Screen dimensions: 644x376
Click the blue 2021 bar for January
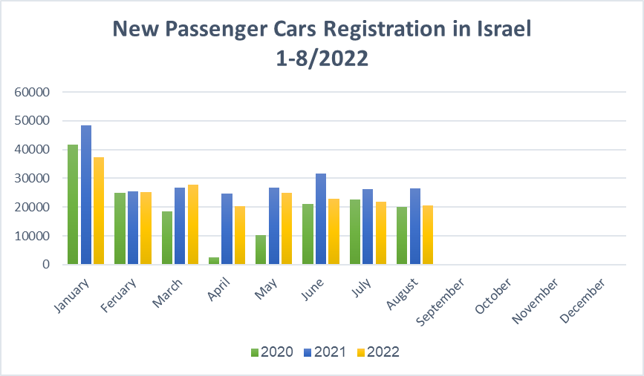coord(86,195)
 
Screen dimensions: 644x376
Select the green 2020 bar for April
coord(214,261)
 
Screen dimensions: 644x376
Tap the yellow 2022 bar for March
coord(193,224)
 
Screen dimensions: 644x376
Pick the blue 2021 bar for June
coord(321,219)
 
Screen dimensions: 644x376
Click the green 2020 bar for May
coord(261,250)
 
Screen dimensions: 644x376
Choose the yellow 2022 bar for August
coord(428,235)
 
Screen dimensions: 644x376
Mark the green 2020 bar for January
coord(73,204)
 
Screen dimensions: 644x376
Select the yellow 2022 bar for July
coord(381,233)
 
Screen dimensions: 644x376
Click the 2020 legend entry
coord(272,352)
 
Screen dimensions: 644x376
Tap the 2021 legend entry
coord(325,352)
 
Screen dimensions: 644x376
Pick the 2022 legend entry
coord(378,352)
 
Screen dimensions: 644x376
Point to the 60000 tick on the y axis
coord(32,92)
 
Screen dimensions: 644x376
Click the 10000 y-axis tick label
coord(32,236)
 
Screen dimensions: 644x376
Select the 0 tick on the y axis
coord(46,265)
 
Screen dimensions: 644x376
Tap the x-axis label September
coord(440,302)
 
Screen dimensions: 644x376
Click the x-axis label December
coord(582,300)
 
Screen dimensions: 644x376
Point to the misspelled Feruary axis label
coord(118,295)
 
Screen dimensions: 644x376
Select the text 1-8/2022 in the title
coord(322,59)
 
